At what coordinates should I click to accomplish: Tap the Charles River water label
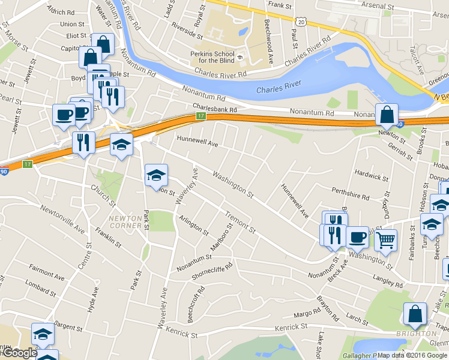[278, 89]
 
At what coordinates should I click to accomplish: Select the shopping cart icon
[386, 240]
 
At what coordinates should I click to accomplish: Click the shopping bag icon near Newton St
[387, 115]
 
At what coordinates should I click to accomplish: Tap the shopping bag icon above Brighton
[415, 314]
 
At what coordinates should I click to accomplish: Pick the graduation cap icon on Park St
[156, 175]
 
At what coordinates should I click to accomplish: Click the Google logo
[19, 353]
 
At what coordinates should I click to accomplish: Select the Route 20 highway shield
[301, 21]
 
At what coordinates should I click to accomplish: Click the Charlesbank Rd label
[215, 109]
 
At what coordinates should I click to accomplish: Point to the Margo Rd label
[308, 314]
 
